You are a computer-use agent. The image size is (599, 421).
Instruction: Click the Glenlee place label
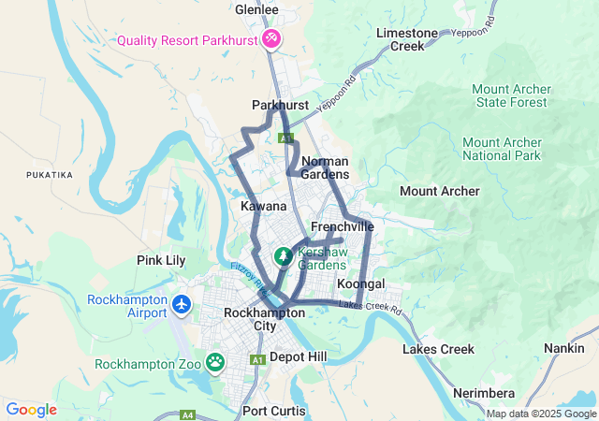pos(256,10)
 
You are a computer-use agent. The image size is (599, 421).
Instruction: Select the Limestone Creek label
pos(406,39)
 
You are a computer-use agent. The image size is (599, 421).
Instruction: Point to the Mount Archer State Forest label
pos(511,95)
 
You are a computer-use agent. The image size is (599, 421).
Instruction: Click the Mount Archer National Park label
pos(502,148)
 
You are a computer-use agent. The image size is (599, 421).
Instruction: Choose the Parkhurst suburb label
pos(280,106)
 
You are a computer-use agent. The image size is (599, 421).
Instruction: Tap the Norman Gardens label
pos(324,167)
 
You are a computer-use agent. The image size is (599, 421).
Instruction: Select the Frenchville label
pos(342,227)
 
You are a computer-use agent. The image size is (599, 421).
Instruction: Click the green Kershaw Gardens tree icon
pos(282,255)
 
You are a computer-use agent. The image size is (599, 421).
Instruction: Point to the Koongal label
pos(360,283)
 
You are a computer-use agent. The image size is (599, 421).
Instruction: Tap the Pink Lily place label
pos(161,260)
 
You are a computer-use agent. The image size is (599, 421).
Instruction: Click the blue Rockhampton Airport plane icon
pos(181,305)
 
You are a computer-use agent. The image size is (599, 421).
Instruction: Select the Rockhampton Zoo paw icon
pos(216,361)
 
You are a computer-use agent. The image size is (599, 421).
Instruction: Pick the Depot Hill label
pos(298,356)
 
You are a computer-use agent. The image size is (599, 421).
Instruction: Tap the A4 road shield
pos(188,414)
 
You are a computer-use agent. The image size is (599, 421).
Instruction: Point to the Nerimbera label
pos(485,393)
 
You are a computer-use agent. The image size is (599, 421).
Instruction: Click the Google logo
pos(31,410)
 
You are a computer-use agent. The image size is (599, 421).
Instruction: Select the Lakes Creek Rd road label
pos(370,306)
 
